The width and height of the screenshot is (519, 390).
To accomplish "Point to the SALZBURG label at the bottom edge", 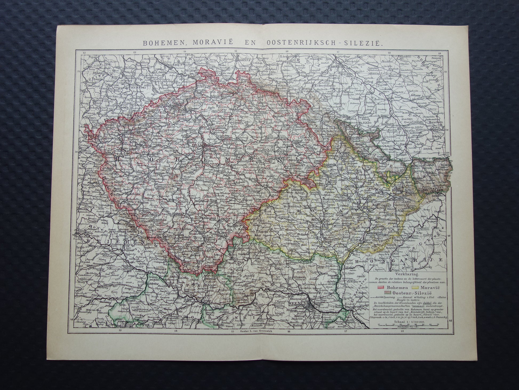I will (x=121, y=326).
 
